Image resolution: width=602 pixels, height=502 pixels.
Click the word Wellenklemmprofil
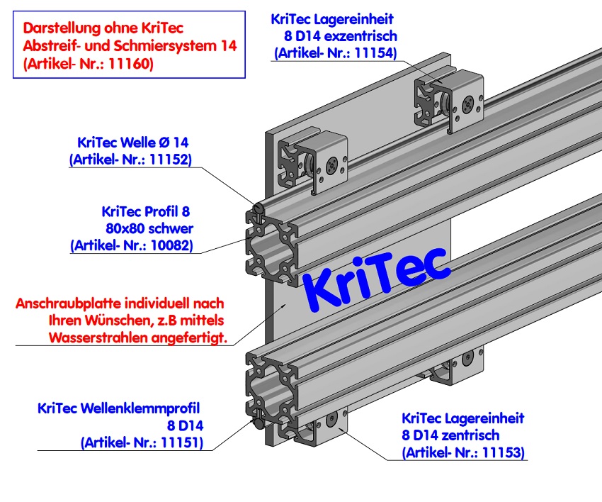pyautogui.click(x=141, y=408)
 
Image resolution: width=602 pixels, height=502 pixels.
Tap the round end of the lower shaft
pyautogui.click(x=259, y=423)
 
